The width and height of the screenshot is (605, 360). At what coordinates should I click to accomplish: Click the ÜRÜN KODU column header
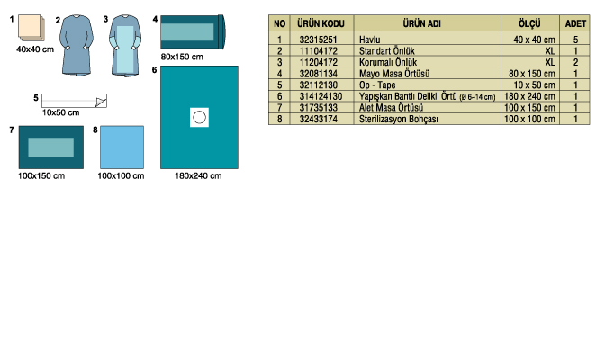(x=321, y=23)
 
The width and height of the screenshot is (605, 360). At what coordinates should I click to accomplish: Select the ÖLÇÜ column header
(x=529, y=23)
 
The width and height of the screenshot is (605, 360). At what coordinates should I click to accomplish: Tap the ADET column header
(x=575, y=23)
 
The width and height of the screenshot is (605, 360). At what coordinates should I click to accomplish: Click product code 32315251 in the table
(x=318, y=40)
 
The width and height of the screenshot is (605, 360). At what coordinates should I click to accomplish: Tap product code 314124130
(x=321, y=96)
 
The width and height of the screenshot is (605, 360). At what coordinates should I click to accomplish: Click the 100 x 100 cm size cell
(x=529, y=119)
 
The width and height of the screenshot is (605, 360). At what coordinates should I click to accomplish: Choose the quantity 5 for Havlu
(x=575, y=40)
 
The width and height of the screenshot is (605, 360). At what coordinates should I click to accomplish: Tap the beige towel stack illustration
(x=31, y=27)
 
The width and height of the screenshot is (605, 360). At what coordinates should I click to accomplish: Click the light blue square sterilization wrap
(x=122, y=147)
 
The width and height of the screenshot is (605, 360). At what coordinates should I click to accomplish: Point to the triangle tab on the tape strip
(x=100, y=102)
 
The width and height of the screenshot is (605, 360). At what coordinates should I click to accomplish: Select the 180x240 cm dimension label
(x=198, y=175)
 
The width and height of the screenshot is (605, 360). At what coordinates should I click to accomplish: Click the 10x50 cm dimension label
(x=60, y=112)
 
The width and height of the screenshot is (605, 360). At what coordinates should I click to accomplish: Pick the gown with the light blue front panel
(x=125, y=45)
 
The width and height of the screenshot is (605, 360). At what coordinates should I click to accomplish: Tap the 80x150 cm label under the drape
(x=182, y=57)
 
